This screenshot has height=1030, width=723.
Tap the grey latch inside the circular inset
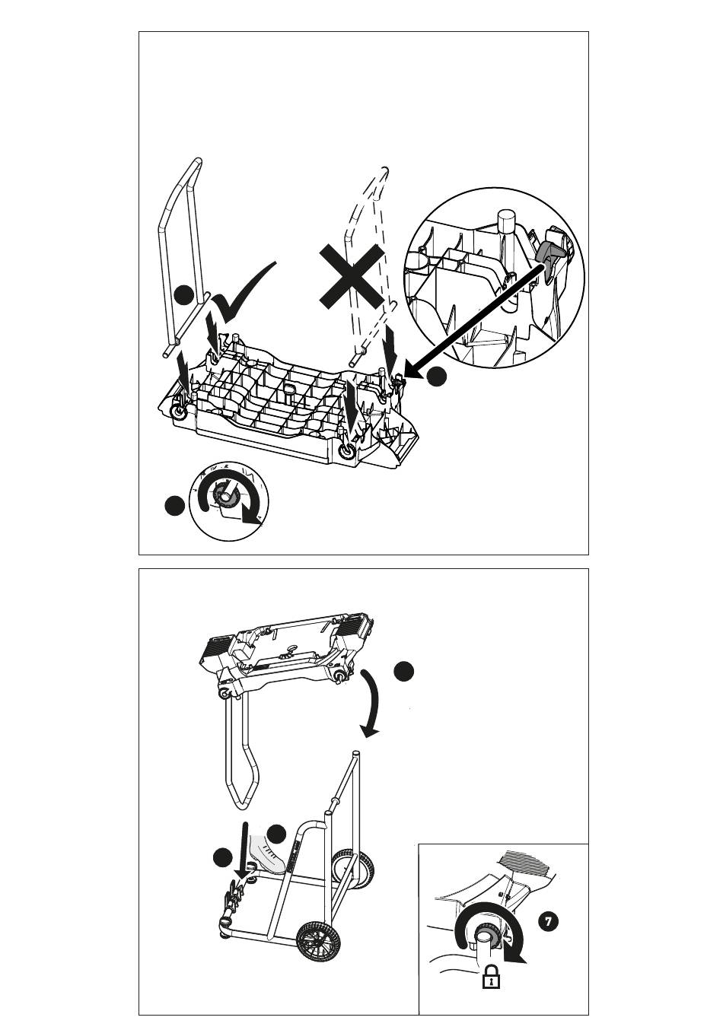(549, 254)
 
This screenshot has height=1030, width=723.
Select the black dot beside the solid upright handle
(183, 295)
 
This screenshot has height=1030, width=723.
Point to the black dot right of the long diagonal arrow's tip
(437, 376)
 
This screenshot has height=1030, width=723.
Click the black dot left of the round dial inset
(175, 505)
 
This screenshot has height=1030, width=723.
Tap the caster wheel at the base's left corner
(180, 412)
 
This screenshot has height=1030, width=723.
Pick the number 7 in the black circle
(548, 921)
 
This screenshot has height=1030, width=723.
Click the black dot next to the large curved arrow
(404, 670)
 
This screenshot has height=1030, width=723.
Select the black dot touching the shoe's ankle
(276, 834)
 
